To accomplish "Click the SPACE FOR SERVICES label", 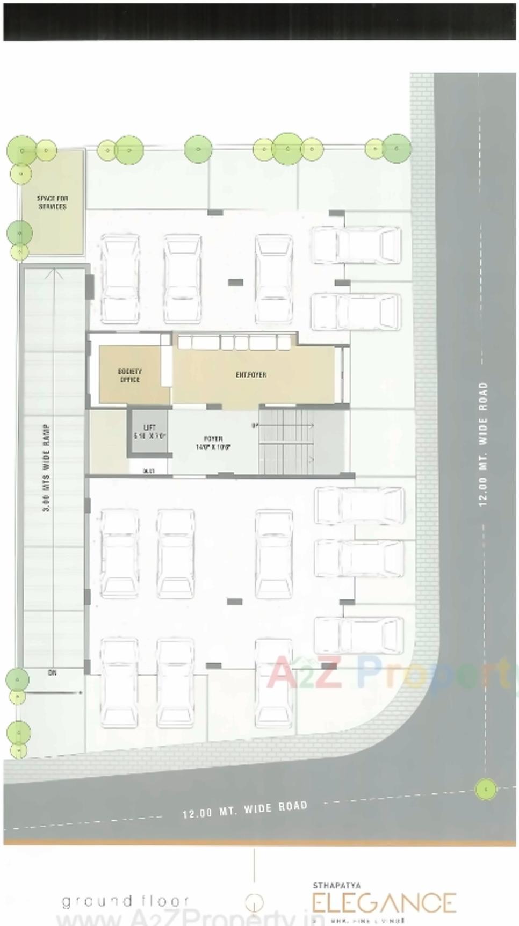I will coord(52,202).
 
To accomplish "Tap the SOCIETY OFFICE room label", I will coord(129,375).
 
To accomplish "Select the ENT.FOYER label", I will coord(251,374).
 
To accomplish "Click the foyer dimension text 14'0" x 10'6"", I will coord(213,446).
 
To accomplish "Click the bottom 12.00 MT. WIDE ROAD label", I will coord(245,809).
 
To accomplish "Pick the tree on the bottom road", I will coord(486,789).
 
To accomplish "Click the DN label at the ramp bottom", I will coord(52,672).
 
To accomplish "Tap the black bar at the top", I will coord(259,21).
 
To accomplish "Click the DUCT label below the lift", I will coord(149,471).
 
